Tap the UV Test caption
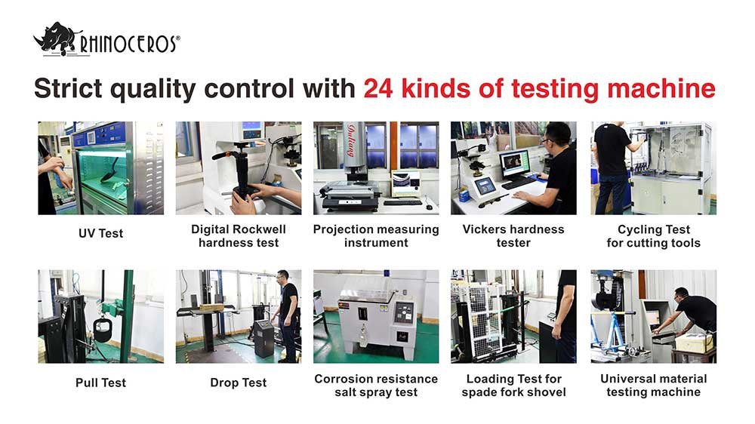(100, 234)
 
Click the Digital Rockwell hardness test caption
(239, 236)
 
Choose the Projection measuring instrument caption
(376, 236)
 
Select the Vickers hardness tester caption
(513, 236)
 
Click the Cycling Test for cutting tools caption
(653, 236)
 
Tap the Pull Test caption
(100, 383)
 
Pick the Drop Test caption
(239, 383)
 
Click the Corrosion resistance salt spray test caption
(376, 386)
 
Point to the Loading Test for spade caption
(513, 386)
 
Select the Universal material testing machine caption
(653, 386)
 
